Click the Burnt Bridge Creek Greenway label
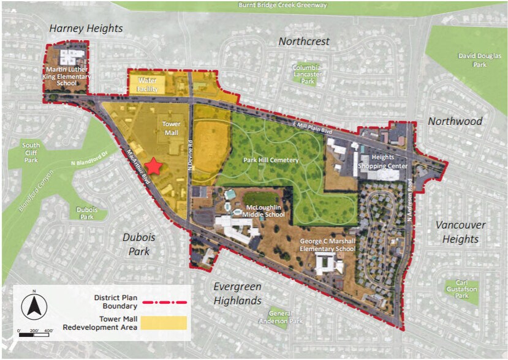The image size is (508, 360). (x=282, y=6)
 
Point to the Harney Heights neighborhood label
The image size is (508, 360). (x=86, y=28)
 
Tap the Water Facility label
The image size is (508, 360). (x=148, y=84)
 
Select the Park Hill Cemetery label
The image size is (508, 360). (x=271, y=160)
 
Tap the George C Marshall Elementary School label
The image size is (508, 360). (x=327, y=245)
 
